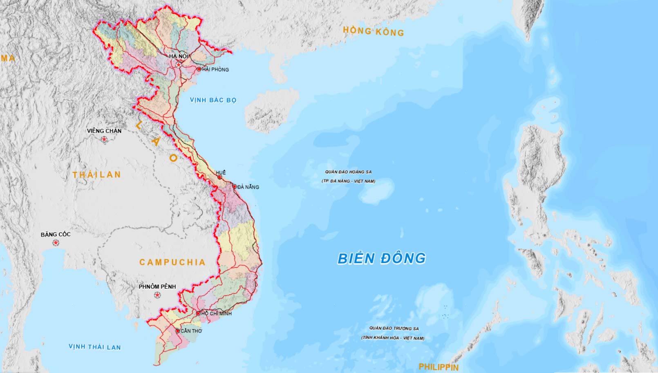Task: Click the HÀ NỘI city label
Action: coord(178,56)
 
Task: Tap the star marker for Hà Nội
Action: coord(179,65)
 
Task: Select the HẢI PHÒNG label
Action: coord(215,69)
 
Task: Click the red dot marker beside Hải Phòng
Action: coord(199,69)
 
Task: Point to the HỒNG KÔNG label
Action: coord(373,31)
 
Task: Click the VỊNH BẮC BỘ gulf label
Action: coord(213,100)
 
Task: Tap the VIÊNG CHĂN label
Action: coord(104,131)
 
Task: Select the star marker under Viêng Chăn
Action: coord(105,140)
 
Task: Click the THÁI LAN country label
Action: coord(97,175)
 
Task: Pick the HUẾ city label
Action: coord(221,173)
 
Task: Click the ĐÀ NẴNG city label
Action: coord(248,187)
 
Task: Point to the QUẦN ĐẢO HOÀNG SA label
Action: coord(348,172)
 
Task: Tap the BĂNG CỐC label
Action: coord(56,235)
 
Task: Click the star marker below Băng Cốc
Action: coord(56,243)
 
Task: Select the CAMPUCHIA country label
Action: coord(172,262)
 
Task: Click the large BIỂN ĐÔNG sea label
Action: coord(382,258)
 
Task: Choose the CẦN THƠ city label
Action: coord(191,331)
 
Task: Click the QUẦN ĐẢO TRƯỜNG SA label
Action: coord(394,328)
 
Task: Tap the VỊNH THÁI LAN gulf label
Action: coord(94,347)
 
